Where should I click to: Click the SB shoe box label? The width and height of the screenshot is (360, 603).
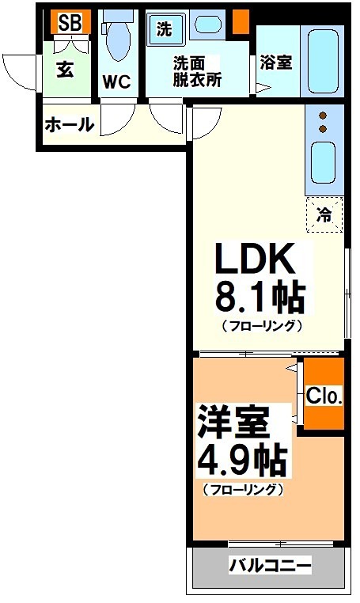pyautogui.click(x=70, y=23)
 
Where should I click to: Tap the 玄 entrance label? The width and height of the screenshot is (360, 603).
pyautogui.click(x=65, y=68)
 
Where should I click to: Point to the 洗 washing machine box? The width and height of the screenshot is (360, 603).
pyautogui.click(x=164, y=30)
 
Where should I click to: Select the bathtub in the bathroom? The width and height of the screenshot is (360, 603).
pyautogui.click(x=323, y=61)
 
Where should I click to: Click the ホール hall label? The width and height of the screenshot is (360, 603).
pyautogui.click(x=70, y=124)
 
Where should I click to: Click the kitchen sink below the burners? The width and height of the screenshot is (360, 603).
pyautogui.click(x=323, y=162)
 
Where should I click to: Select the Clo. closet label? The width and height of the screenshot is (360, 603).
pyautogui.click(x=324, y=395)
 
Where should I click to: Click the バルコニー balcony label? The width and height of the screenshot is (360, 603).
pyautogui.click(x=270, y=566)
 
